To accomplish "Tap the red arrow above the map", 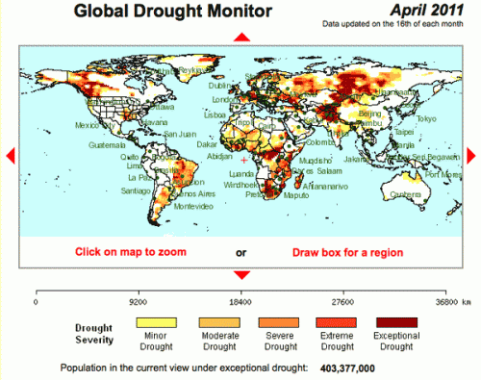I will pyautogui.click(x=242, y=37).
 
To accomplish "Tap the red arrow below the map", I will pyautogui.click(x=242, y=274).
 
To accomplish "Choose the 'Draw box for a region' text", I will pyautogui.click(x=347, y=252).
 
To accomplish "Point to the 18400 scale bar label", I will pyautogui.click(x=242, y=301).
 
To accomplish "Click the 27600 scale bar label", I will pyautogui.click(x=344, y=301).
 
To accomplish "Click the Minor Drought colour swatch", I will pyautogui.click(x=156, y=321).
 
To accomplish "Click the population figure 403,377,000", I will pyautogui.click(x=348, y=367).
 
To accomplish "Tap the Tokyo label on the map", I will pyautogui.click(x=426, y=118).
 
